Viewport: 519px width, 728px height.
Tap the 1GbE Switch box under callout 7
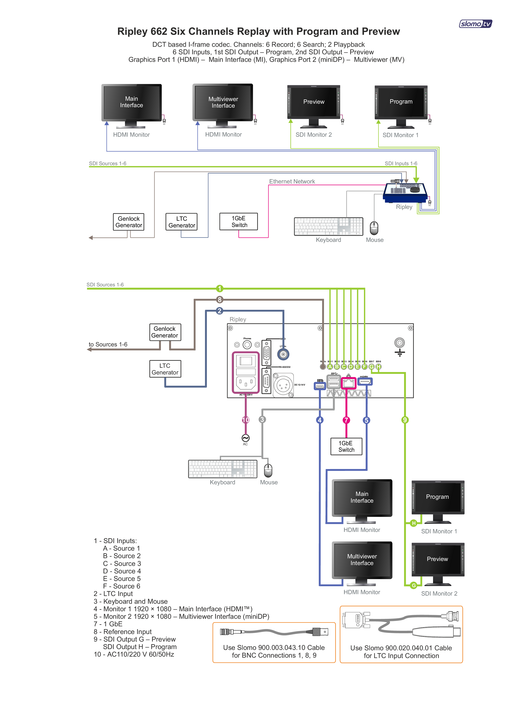[346, 446]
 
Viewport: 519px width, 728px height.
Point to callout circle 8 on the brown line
[219, 300]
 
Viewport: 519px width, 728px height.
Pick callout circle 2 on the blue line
[219, 311]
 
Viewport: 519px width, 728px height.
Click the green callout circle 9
[405, 420]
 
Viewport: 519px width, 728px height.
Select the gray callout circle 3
[262, 420]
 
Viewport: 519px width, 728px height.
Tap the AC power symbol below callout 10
[245, 438]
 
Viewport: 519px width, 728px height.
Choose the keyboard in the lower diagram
[223, 469]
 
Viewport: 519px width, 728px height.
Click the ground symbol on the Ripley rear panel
[400, 347]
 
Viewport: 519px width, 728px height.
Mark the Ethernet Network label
[292, 182]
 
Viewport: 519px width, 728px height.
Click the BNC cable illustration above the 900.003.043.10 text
[274, 632]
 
